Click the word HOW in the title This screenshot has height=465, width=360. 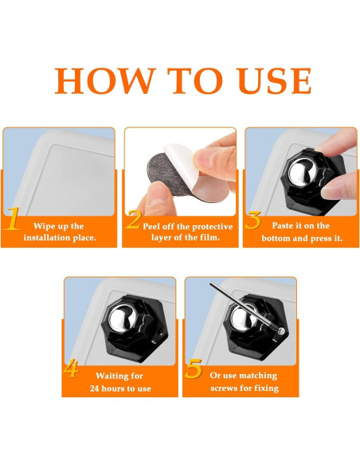pos(105,80)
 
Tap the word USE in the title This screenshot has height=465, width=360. pos(275,80)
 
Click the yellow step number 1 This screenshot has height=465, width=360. pos(12,219)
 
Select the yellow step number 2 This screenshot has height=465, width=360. pos(133,220)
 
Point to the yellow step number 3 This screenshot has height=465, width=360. pos(253,220)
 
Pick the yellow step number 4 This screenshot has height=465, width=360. pos(71,368)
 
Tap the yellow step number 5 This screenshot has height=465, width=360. pos(193,369)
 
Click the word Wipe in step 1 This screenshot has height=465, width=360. pos(44,227)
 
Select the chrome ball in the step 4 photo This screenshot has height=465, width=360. pos(122,318)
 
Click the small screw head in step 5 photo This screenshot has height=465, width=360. pos(281,330)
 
